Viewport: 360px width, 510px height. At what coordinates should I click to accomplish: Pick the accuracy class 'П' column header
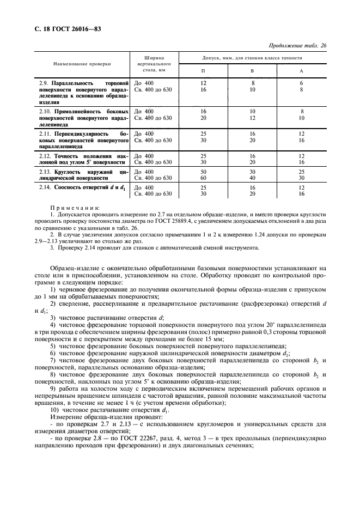click(203, 71)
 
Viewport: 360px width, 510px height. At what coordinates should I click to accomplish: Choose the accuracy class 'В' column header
click(252, 71)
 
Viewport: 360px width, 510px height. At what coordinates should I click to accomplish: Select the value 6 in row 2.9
click(301, 83)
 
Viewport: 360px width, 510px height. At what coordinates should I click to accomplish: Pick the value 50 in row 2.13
click(203, 172)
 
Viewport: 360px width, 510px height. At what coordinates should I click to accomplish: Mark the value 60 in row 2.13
click(203, 178)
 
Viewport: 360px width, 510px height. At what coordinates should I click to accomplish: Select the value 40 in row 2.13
click(252, 178)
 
